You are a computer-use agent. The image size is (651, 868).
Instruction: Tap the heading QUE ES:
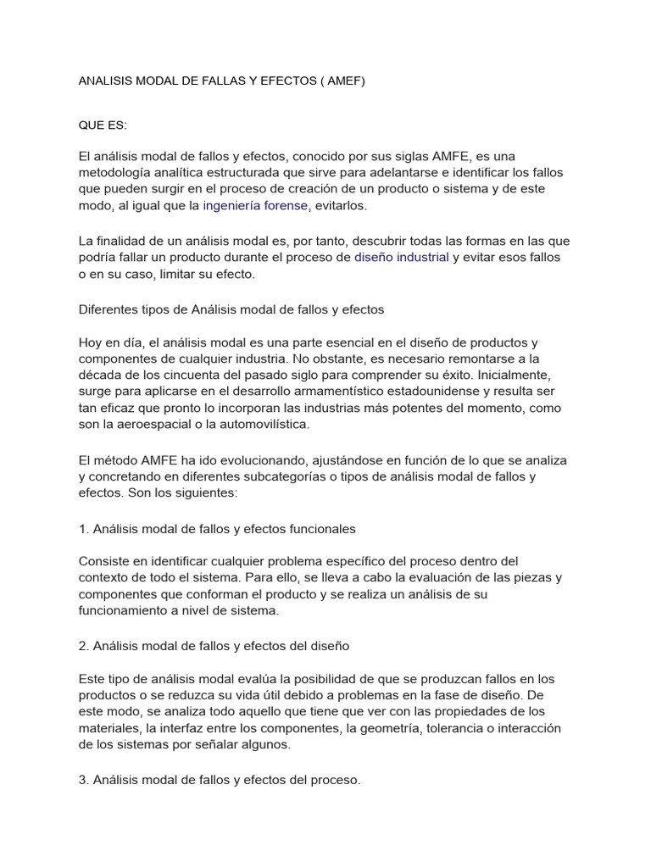point(103,125)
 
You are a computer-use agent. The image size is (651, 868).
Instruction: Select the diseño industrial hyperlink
point(402,257)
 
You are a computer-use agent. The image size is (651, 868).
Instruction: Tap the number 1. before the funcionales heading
point(83,528)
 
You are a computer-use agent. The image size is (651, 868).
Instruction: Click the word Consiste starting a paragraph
point(103,561)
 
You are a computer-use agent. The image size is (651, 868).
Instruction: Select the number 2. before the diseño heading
point(83,645)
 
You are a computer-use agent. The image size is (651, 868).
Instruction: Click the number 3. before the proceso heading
point(83,780)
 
